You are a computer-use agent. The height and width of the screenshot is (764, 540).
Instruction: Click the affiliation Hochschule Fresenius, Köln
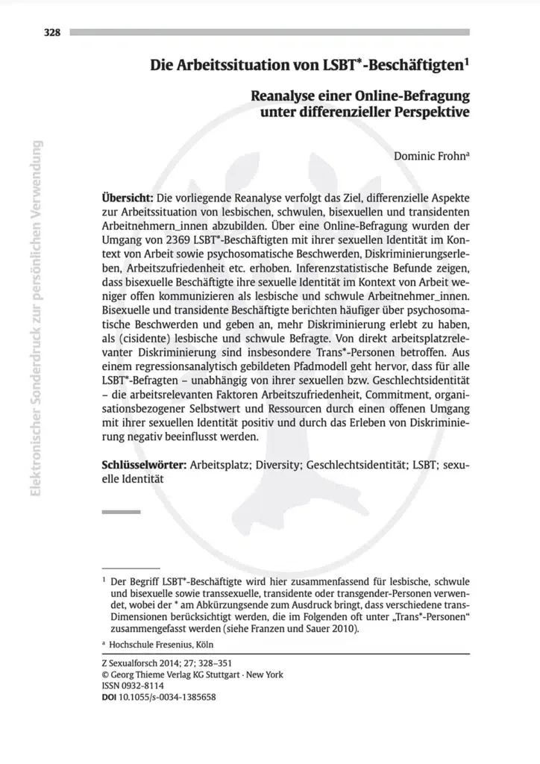[x=162, y=643]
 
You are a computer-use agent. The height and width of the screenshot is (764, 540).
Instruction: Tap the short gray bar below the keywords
[x=120, y=512]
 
